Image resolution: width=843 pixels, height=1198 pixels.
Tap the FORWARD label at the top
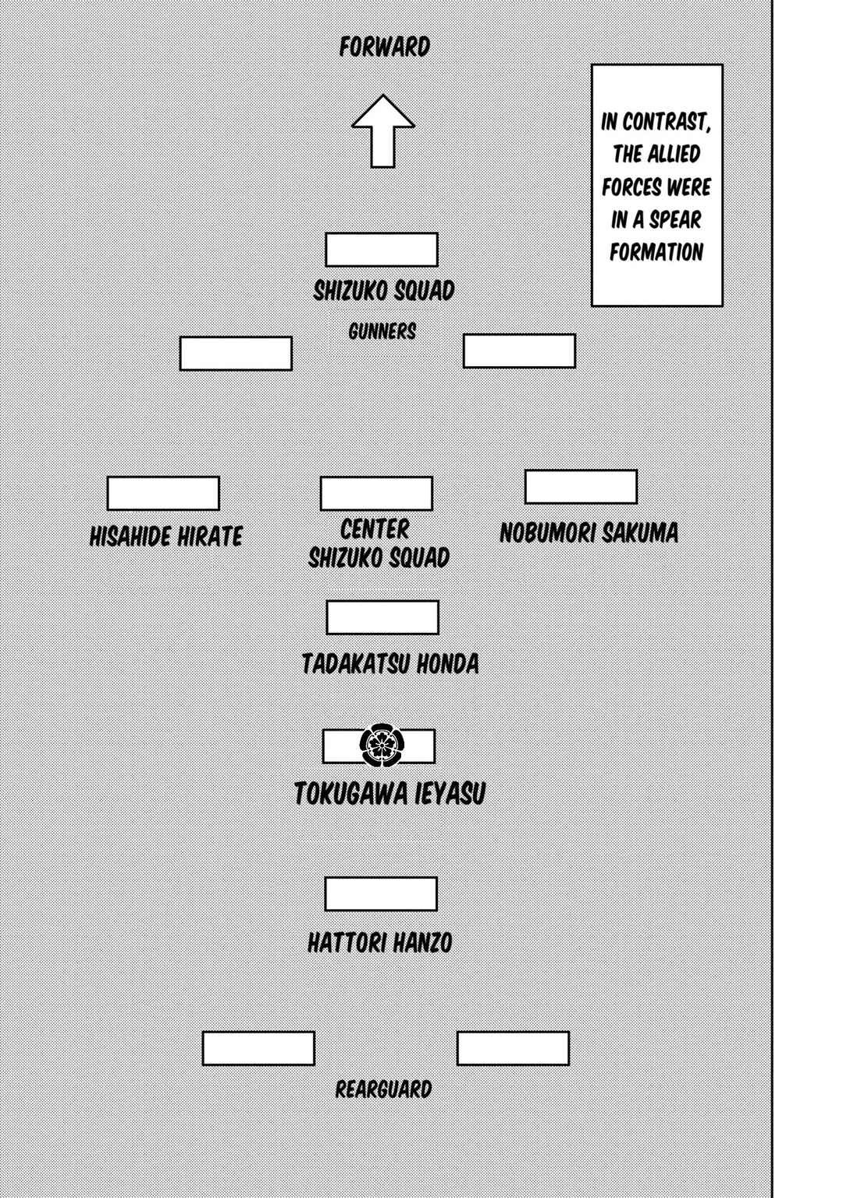(385, 47)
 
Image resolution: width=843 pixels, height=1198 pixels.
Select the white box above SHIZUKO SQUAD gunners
(382, 249)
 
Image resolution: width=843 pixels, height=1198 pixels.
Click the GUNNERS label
(382, 332)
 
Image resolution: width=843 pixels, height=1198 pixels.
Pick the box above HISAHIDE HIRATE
(163, 493)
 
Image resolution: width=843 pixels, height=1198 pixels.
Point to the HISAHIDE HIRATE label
(165, 536)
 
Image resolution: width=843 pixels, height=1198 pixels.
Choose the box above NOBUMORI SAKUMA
(581, 487)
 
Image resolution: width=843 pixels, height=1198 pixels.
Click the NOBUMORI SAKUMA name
(589, 533)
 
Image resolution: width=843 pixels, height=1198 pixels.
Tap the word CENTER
(375, 529)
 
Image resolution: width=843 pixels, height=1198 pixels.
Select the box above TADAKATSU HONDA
(382, 617)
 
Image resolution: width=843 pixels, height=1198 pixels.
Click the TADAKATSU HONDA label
(390, 663)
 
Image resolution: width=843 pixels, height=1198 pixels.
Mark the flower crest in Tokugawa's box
(382, 745)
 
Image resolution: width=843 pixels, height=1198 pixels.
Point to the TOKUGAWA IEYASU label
(390, 794)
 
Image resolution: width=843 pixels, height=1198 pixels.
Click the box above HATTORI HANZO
(381, 894)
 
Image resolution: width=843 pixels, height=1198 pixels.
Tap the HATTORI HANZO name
(380, 942)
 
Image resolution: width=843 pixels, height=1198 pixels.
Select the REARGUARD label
(383, 1089)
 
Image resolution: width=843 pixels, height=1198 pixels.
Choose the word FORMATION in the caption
(657, 252)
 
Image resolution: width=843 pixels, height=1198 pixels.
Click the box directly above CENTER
(376, 493)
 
